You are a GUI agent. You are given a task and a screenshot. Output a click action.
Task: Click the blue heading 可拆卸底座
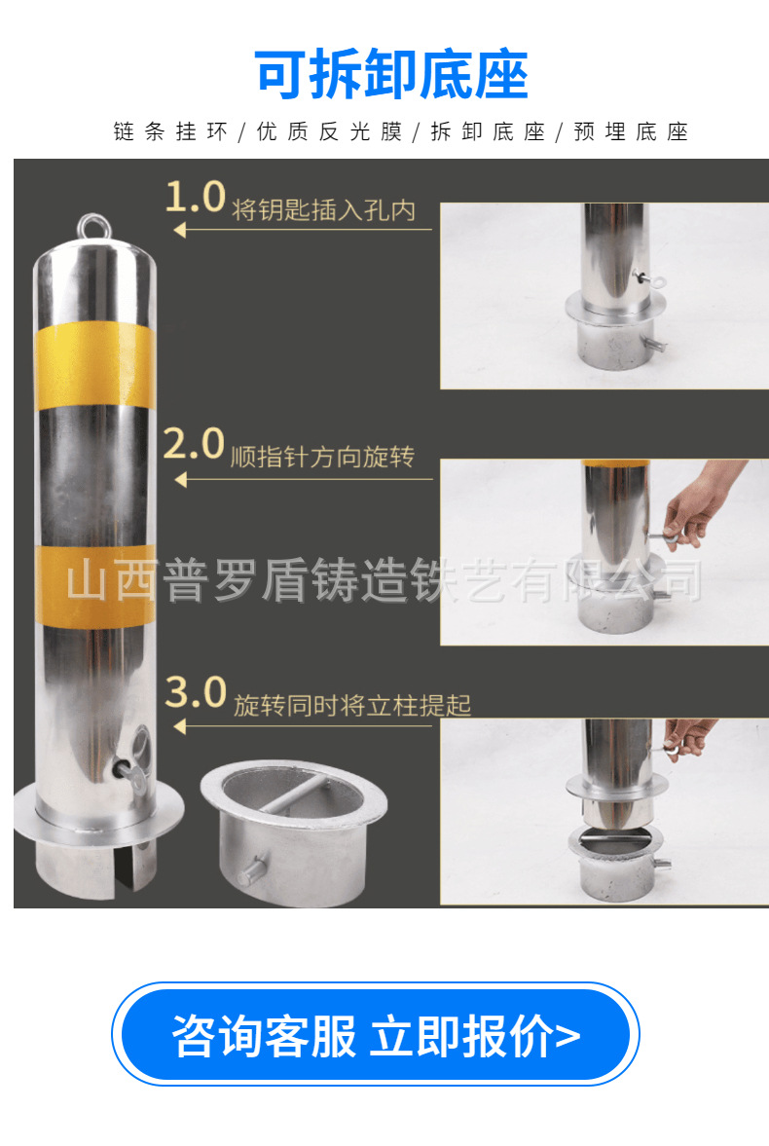coord(391,74)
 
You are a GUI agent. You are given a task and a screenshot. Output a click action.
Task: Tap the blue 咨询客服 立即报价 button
coord(375,1033)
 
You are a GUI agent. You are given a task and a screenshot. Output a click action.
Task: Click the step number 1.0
coord(196,198)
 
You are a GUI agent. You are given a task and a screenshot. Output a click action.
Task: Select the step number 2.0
coord(194,444)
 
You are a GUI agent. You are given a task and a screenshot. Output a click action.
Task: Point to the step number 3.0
coord(196,691)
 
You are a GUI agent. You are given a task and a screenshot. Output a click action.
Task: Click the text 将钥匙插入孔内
coord(324,210)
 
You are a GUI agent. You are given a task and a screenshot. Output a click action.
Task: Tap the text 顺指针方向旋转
coord(322,457)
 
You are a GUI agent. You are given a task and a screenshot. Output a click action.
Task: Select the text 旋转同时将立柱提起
coord(352,705)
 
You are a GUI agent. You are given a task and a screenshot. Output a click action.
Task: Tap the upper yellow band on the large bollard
coord(94,365)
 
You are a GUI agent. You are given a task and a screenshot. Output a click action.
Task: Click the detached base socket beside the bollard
coord(294,832)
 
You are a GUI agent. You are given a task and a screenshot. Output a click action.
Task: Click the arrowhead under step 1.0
coord(180,230)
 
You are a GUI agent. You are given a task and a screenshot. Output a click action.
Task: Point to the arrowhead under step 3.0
coord(180,726)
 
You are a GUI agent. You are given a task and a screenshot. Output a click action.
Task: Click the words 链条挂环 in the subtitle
coord(170,131)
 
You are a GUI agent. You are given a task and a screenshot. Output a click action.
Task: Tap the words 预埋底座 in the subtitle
coord(631,131)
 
